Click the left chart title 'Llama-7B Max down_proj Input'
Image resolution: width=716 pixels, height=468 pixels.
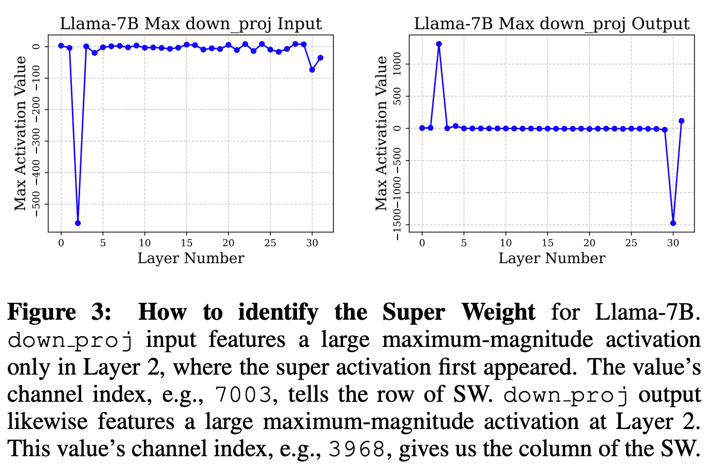[191, 24]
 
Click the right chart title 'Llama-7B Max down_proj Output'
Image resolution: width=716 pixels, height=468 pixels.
[552, 24]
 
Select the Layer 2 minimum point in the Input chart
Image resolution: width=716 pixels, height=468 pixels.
[78, 223]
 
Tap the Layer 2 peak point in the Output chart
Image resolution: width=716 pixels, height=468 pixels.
[439, 44]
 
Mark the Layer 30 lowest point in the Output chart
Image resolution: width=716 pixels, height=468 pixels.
[673, 223]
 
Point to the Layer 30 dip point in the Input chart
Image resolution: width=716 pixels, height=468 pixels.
[312, 69]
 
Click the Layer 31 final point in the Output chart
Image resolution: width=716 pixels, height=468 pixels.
[682, 121]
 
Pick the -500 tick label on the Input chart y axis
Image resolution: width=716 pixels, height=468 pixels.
[36, 204]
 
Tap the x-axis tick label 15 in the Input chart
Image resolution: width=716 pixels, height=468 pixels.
[186, 243]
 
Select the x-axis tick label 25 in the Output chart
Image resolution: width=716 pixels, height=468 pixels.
[631, 243]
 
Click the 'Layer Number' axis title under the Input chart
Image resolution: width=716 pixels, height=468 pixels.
[191, 258]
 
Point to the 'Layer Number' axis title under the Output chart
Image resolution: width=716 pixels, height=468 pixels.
[552, 258]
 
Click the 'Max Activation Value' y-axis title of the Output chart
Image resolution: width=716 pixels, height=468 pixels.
[381, 133]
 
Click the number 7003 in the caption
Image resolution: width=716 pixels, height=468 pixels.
[243, 395]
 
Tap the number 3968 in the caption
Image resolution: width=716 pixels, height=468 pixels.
[357, 450]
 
